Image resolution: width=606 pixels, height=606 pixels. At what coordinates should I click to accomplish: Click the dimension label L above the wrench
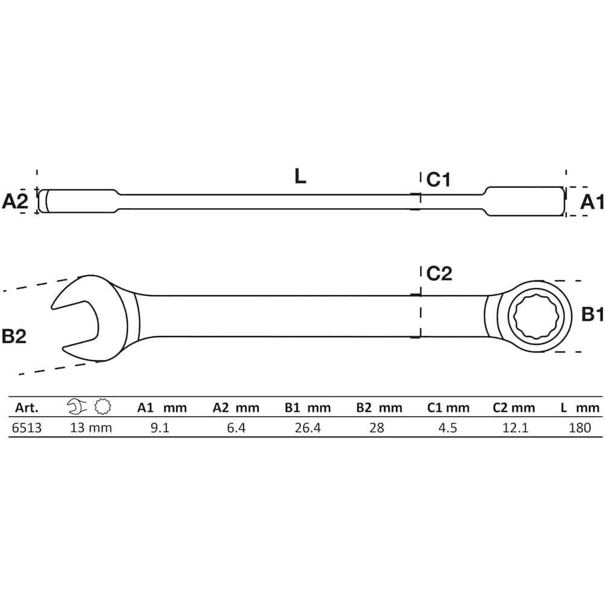point(300,176)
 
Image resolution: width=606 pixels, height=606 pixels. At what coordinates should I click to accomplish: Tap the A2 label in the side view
point(15,201)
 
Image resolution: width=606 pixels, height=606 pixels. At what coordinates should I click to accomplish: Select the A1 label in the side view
point(592,202)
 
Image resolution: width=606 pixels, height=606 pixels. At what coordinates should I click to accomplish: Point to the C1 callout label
point(438,180)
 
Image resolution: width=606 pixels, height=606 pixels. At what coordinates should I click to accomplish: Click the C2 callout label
point(440,274)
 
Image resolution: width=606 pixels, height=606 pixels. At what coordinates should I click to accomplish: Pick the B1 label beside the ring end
point(593,314)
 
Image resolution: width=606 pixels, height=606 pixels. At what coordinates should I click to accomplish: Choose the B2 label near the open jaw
point(14,336)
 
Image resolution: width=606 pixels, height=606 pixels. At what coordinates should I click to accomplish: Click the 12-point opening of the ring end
point(534,316)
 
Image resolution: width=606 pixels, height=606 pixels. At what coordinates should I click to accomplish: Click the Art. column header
point(27,408)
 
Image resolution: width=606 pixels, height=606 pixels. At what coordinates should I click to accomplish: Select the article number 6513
point(27,428)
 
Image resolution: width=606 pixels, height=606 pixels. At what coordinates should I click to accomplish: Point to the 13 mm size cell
point(91,428)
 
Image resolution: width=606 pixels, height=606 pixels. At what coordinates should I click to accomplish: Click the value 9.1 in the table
point(160,428)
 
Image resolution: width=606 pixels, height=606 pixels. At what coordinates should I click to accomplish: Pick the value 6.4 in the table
point(236,428)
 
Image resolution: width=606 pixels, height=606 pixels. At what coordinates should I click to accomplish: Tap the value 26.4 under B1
point(308,428)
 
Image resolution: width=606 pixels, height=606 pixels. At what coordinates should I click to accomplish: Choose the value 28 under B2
point(377,428)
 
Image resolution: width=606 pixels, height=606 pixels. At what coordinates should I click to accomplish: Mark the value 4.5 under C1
point(448,428)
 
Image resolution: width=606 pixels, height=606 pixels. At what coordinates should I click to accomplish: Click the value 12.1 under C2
point(516,428)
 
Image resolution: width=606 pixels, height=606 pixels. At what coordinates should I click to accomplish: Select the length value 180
point(579,428)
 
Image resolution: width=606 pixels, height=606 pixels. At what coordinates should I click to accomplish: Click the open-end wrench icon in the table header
point(77,407)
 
